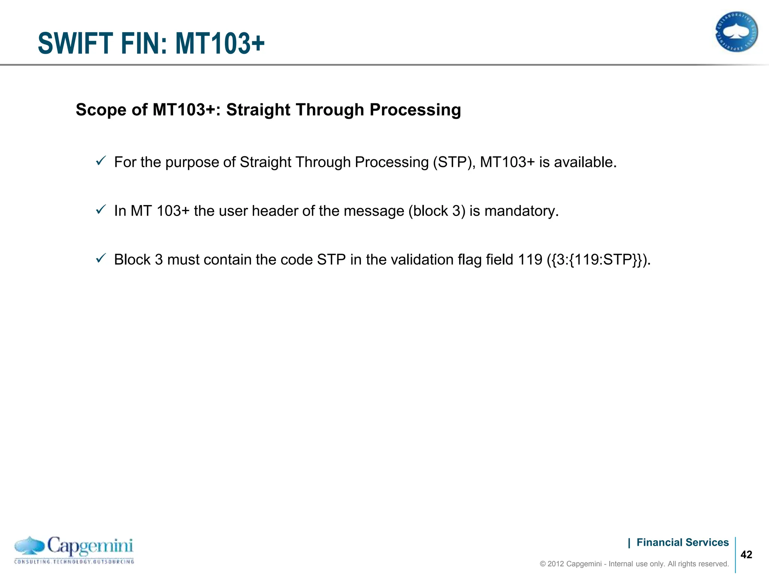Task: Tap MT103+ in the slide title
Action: pyautogui.click(x=220, y=44)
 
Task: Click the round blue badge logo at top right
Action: pyautogui.click(x=736, y=32)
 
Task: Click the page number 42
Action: pyautogui.click(x=746, y=554)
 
